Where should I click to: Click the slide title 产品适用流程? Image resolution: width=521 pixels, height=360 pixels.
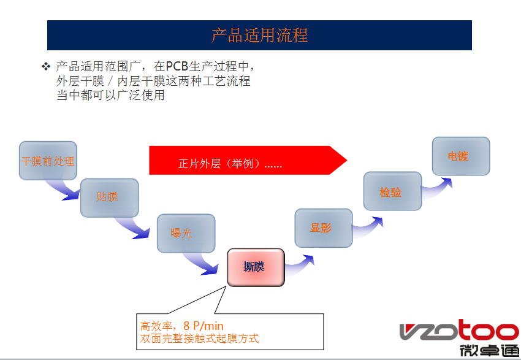pos(259,35)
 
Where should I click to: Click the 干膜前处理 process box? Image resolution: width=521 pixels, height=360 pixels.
pos(48,161)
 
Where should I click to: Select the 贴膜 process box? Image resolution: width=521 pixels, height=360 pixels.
pos(109,197)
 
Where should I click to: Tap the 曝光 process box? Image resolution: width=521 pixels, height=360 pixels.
pos(186,233)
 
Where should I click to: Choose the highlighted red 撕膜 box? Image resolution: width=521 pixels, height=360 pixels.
pos(256,267)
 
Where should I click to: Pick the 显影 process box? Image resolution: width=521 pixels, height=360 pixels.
pos(324,228)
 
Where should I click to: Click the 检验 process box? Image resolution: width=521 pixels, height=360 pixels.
pos(392,192)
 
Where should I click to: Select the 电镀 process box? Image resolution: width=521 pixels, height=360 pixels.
pos(461,156)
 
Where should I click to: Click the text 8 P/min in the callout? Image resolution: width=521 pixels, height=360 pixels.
pos(204,326)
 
